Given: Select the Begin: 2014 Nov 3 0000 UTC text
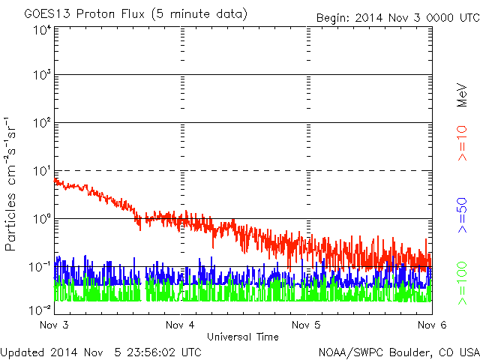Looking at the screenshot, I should pyautogui.click(x=397, y=16).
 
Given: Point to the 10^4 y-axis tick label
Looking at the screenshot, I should pyautogui.click(x=41, y=30).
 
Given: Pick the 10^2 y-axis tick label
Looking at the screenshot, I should pyautogui.click(x=41, y=124).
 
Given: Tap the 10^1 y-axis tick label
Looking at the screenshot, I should pyautogui.click(x=41, y=172).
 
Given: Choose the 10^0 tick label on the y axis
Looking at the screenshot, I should pyautogui.click(x=41, y=219).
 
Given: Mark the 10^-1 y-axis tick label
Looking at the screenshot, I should pyautogui.click(x=40, y=267).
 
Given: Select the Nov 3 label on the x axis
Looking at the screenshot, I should pyautogui.click(x=54, y=325).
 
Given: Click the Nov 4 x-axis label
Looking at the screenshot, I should pyautogui.click(x=180, y=325).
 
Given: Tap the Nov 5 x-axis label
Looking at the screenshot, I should pyautogui.click(x=306, y=325).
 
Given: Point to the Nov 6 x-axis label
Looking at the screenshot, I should pyautogui.click(x=432, y=325).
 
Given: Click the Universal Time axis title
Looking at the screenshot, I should pyautogui.click(x=243, y=337).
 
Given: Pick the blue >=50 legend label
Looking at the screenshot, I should pyautogui.click(x=463, y=214).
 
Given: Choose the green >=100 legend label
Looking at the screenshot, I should pyautogui.click(x=463, y=283).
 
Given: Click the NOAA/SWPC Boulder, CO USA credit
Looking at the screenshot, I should pyautogui.click(x=398, y=351).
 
